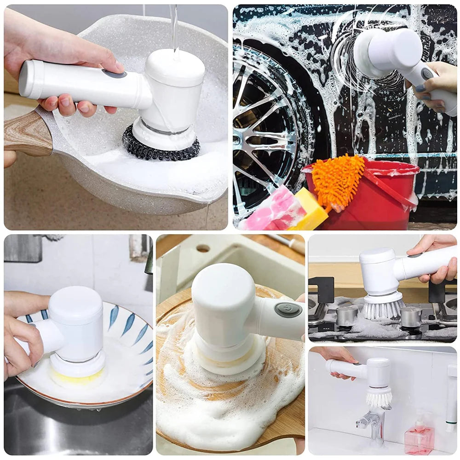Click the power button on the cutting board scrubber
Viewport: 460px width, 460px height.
pos(288,310)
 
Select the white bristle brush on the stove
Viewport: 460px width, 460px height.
pos(382,308)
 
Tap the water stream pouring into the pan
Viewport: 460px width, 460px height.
pos(174,28)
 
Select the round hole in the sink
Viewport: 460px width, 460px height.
pos(203,248)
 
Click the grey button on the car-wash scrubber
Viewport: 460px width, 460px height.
pos(427,74)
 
